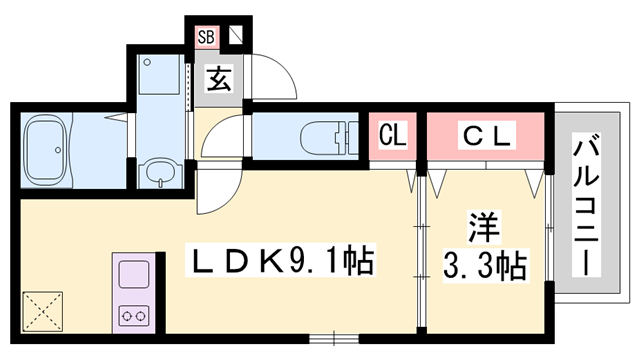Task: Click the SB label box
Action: click(207, 38)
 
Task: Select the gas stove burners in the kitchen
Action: click(134, 315)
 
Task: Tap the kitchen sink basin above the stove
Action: click(134, 274)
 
